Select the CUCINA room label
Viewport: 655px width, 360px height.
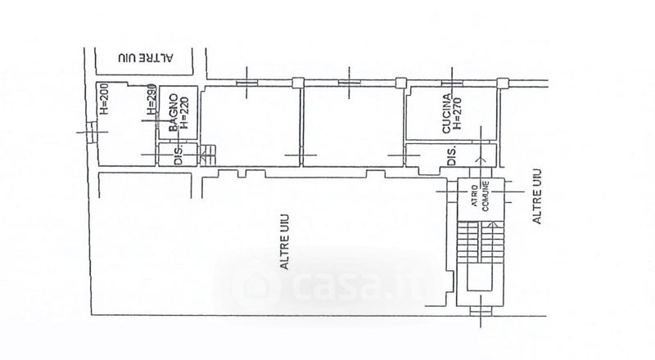tap(447, 114)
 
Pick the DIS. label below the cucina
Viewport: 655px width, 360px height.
tap(449, 155)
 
